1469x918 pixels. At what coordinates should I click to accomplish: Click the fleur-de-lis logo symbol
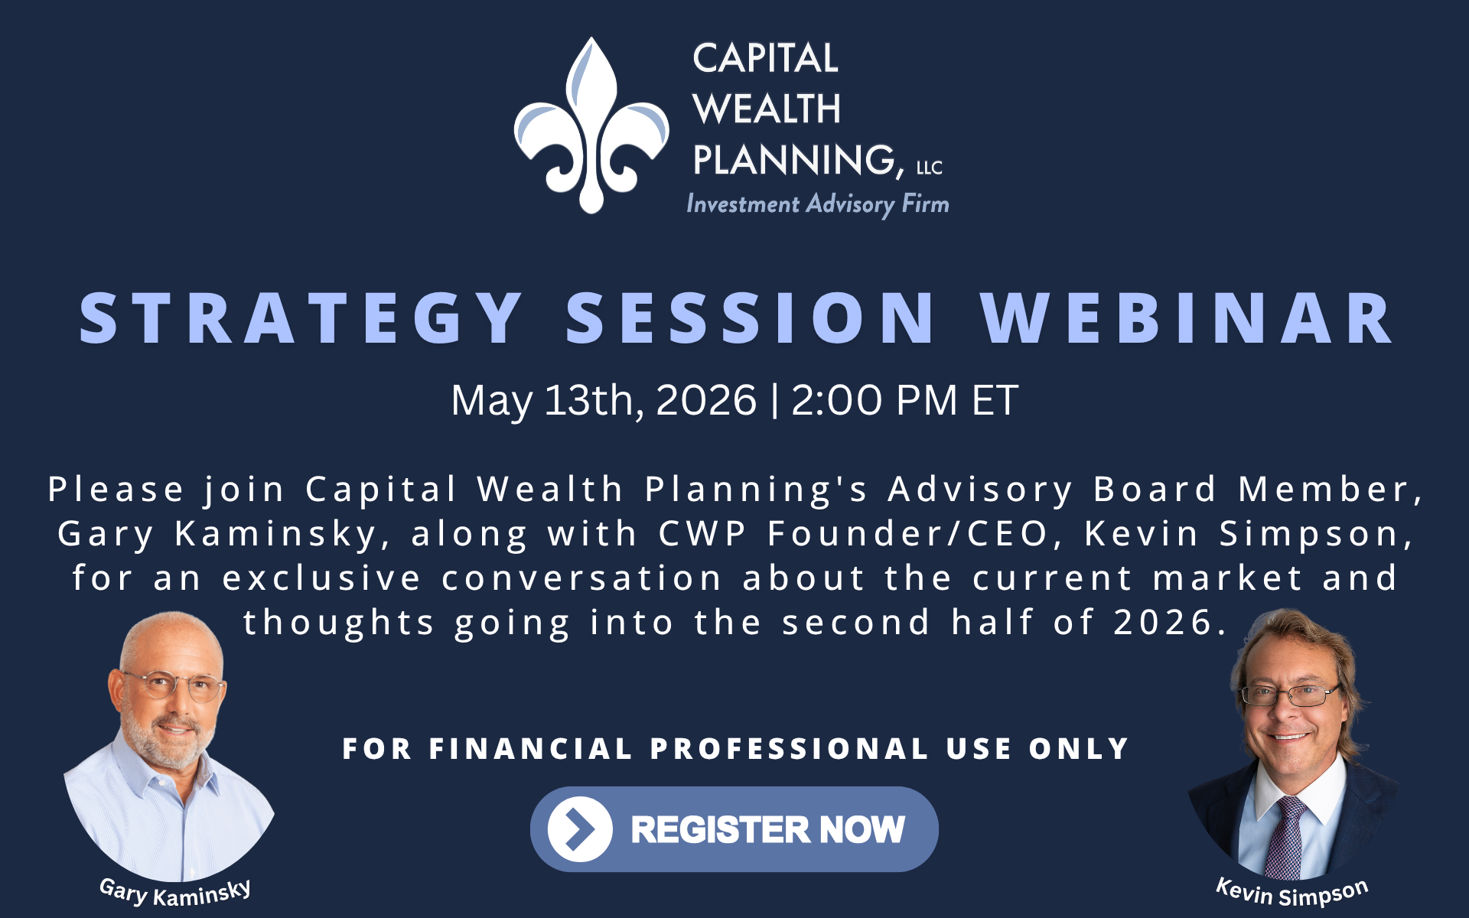(x=591, y=125)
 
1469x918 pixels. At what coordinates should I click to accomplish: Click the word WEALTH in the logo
(x=767, y=109)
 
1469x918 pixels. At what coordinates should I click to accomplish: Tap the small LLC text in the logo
(x=930, y=168)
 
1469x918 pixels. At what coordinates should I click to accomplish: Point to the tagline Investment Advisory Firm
(x=818, y=204)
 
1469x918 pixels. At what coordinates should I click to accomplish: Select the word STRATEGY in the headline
(x=301, y=318)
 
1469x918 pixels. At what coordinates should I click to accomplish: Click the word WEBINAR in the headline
(x=1186, y=318)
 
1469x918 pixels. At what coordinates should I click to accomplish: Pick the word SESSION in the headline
(x=751, y=318)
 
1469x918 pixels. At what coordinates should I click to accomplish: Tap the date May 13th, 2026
(x=604, y=401)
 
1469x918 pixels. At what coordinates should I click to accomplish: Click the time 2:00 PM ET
(x=904, y=400)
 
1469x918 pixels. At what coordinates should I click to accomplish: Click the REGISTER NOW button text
(x=768, y=830)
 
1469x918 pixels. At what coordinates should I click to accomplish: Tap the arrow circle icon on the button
(x=580, y=829)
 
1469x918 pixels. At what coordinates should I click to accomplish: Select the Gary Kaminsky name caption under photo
(x=175, y=893)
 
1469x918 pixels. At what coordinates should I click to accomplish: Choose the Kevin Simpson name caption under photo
(x=1292, y=893)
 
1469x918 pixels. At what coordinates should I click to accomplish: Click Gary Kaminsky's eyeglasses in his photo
(x=174, y=685)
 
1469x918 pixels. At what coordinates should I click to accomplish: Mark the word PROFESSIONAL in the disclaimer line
(x=790, y=749)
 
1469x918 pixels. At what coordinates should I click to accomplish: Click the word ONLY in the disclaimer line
(x=1080, y=749)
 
